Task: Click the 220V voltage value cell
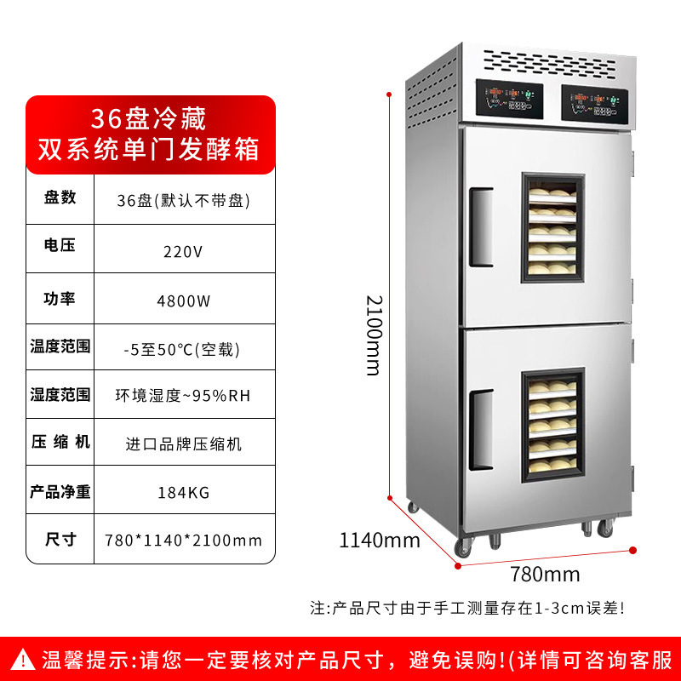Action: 184,251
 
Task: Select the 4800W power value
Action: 184,300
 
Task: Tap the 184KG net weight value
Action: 184,492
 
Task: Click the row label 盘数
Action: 60,197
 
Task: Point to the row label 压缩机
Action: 60,442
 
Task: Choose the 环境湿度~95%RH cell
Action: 184,396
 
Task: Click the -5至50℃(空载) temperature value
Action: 184,348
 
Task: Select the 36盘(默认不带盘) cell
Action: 184,202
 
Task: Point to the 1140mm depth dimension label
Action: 380,540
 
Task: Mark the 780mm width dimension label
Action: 545,574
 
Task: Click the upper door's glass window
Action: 552,228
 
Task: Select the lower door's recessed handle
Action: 481,419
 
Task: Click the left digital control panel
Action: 508,100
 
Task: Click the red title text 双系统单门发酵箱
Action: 149,148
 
